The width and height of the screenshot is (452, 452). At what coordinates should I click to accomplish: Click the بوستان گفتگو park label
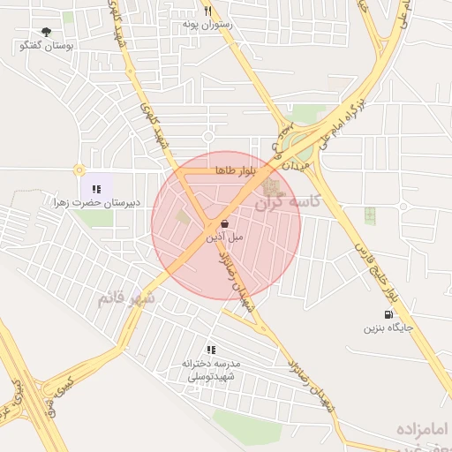click(x=47, y=44)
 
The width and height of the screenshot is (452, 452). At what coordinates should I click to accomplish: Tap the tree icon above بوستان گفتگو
click(x=46, y=31)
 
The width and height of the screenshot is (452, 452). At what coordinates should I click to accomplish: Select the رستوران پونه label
click(x=207, y=25)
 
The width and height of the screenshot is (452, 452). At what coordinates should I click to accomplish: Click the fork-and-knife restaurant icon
click(x=207, y=11)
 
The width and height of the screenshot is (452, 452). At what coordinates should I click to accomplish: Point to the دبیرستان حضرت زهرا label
click(x=95, y=203)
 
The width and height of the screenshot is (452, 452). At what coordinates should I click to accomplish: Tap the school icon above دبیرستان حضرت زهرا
click(x=96, y=188)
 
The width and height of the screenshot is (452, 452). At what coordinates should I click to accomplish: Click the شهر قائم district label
click(x=125, y=298)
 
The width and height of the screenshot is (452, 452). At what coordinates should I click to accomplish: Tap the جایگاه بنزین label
click(x=388, y=328)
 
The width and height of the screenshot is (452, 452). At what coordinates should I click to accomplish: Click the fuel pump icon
click(x=388, y=314)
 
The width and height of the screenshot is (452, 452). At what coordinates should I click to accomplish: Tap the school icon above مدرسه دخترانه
click(x=210, y=350)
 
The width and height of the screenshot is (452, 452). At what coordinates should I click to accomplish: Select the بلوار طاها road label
click(x=234, y=170)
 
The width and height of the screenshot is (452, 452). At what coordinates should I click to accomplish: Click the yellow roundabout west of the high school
click(x=79, y=169)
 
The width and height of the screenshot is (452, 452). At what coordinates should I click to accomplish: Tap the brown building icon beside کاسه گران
click(x=271, y=188)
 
